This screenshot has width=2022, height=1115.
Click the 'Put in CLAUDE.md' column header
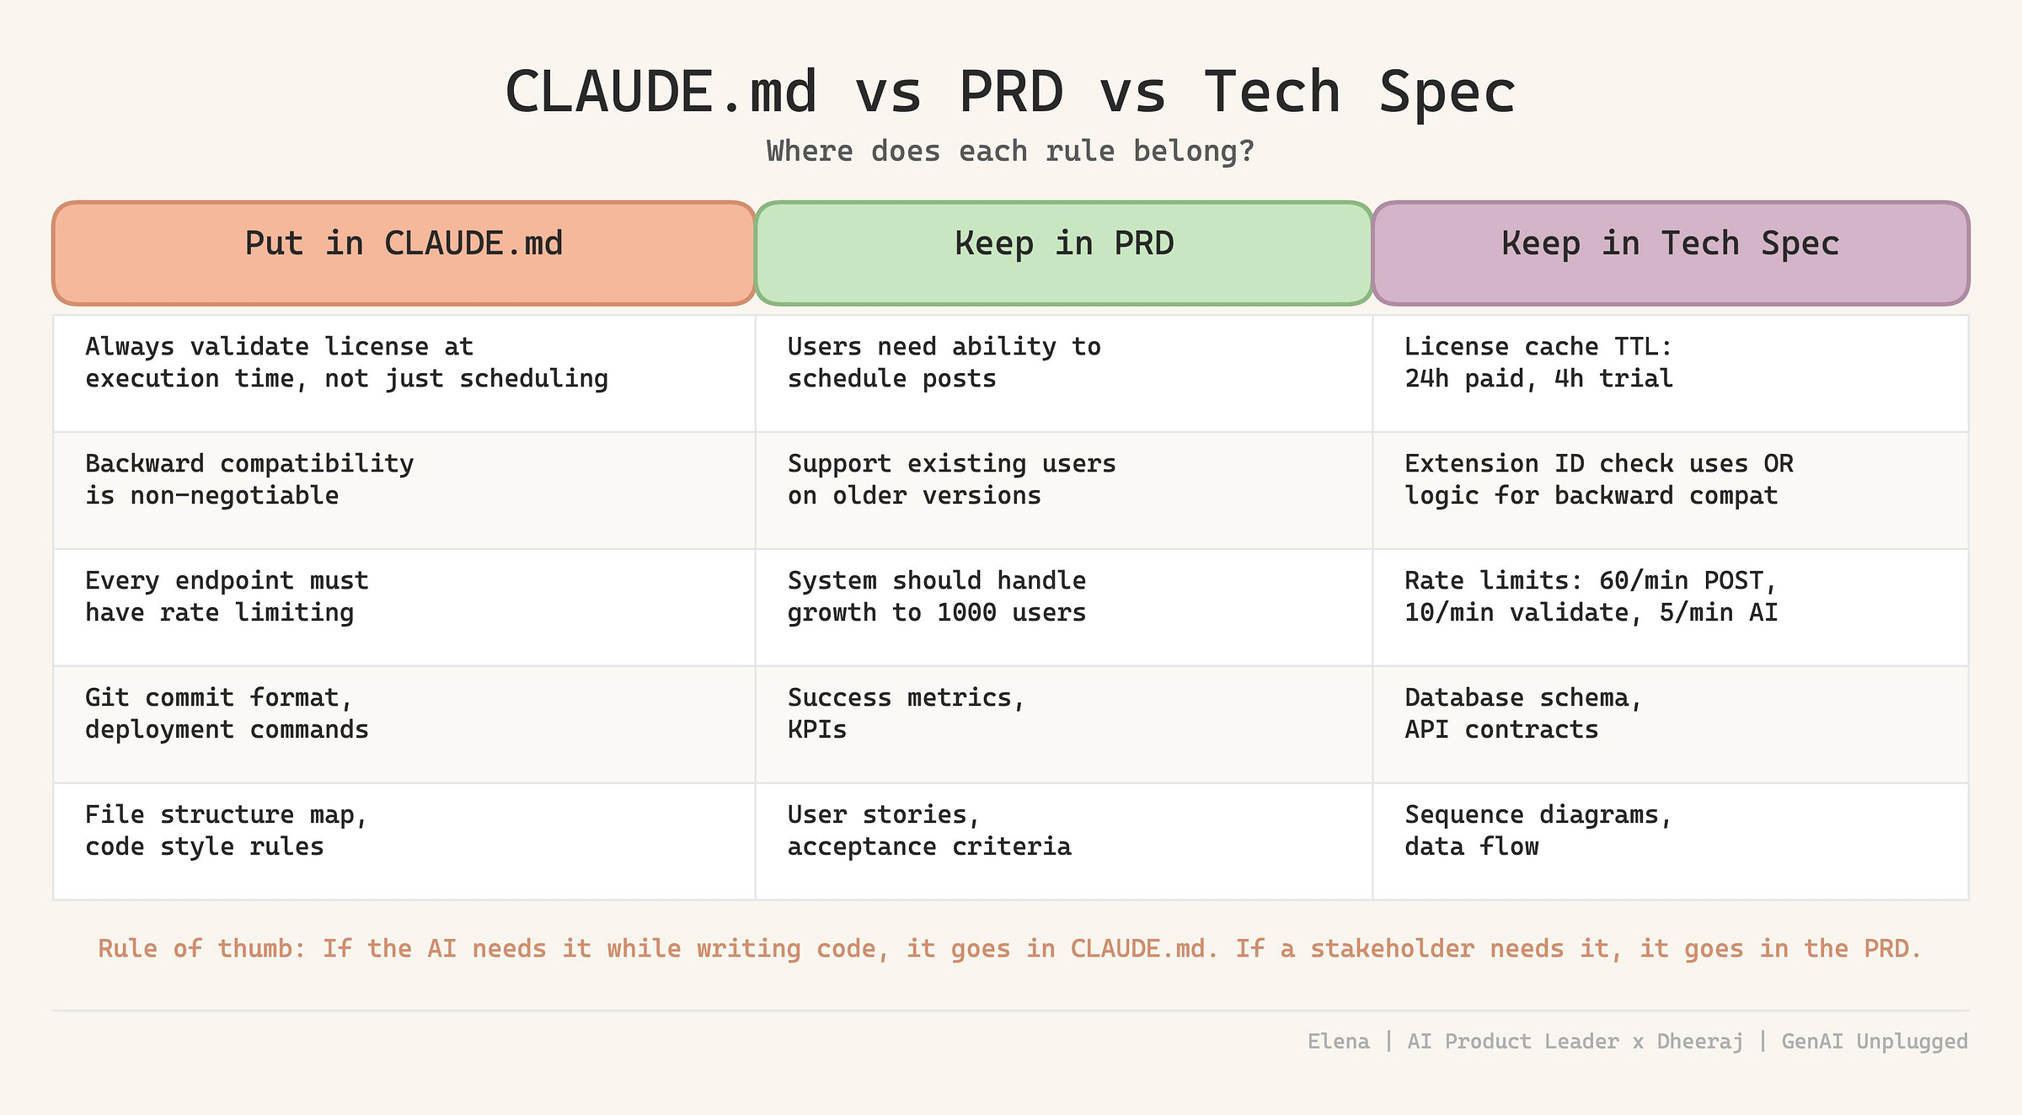tap(404, 253)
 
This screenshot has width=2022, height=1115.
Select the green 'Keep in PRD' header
tap(1064, 253)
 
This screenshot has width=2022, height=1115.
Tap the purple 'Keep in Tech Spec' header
tap(1671, 253)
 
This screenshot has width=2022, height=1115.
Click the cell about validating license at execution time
tap(404, 373)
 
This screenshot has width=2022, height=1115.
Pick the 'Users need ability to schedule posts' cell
tap(1064, 373)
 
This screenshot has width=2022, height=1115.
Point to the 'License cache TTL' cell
tap(1671, 373)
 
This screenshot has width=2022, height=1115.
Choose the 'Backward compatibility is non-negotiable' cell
tap(404, 490)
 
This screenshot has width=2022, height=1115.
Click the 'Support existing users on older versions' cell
tap(1064, 490)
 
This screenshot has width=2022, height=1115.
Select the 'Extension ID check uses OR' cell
tap(1671, 490)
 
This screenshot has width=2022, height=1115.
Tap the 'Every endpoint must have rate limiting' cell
tap(404, 607)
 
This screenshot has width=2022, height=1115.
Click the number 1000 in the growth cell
tap(966, 612)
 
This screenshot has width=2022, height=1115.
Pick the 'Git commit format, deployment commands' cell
tap(404, 724)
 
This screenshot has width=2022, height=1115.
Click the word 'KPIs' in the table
tap(817, 729)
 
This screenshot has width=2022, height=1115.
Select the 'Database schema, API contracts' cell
tap(1671, 724)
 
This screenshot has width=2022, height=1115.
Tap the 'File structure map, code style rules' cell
tap(404, 841)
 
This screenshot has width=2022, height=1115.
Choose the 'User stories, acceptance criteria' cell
tap(1064, 841)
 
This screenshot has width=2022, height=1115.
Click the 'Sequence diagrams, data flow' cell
tap(1671, 841)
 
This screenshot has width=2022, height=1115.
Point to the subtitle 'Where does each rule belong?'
tap(1011, 152)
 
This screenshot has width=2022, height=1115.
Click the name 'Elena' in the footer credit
tap(1339, 1042)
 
